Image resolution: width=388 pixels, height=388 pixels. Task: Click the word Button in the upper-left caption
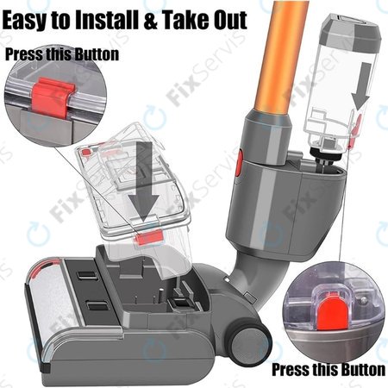coord(99,53)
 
